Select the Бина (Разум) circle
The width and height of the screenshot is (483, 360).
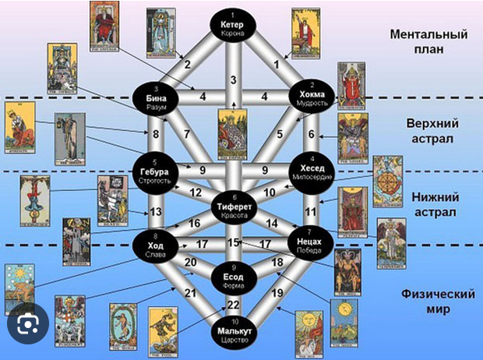coord(157,98)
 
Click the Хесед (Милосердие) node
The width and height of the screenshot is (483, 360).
coord(311,171)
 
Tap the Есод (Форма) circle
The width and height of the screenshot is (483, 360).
coord(233,278)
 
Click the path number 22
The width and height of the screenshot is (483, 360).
coord(233,305)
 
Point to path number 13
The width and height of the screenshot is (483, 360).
coord(156,211)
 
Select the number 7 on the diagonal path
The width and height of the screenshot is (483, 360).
coord(187,134)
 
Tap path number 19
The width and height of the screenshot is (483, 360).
coord(276,294)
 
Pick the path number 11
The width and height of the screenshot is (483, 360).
coord(311,210)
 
